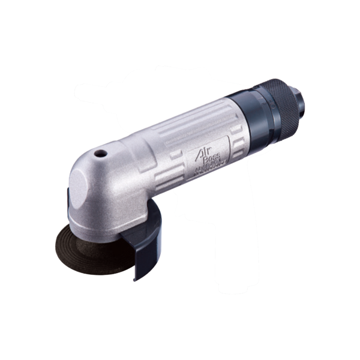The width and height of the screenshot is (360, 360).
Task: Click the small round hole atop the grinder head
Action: [x=102, y=154]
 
